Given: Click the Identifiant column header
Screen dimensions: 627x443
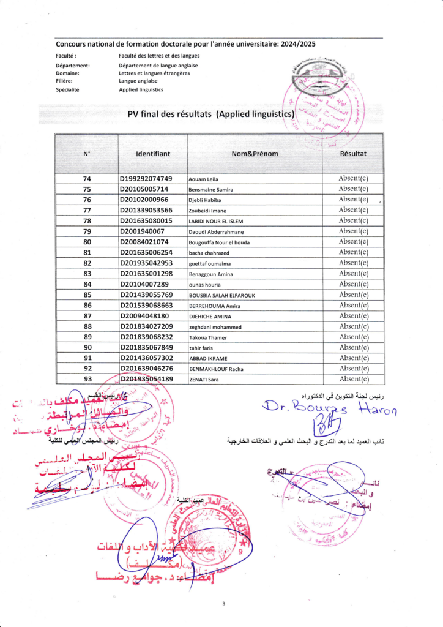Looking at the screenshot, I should [153, 154].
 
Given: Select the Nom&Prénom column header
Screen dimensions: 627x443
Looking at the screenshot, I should [255, 154].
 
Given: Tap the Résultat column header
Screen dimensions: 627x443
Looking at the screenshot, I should [353, 154].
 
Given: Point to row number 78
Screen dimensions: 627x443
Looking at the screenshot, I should [87, 220].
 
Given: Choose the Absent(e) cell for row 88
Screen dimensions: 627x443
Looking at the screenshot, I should [353, 326].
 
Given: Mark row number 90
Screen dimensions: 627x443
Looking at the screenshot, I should [87, 347].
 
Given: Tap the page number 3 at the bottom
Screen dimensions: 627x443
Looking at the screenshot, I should [224, 604].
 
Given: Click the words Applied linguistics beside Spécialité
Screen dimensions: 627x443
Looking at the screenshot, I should [141, 89].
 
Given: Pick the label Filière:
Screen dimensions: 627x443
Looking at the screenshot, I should [64, 81].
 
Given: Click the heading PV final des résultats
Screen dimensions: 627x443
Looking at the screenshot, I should [169, 114].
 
